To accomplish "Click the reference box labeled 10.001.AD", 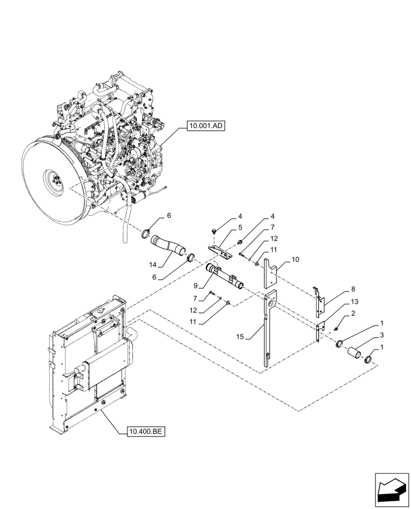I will tap(205, 124).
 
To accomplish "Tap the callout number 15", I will tap(241, 336).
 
